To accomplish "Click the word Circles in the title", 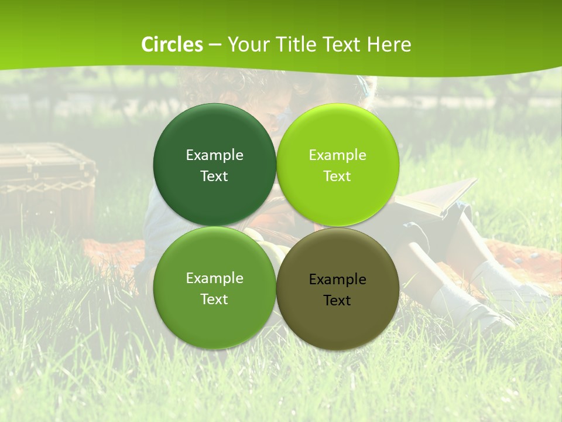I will [172, 45].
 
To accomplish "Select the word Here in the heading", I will [389, 45].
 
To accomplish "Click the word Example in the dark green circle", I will [214, 155].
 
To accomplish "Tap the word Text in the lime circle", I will [337, 176].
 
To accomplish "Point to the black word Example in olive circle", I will [337, 280].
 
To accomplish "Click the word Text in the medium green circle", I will [214, 300].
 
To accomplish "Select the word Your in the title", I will [247, 45].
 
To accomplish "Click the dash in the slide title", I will [214, 45].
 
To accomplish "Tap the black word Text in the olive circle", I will [337, 301].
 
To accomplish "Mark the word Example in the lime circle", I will [337, 155].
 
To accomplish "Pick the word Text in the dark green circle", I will [214, 176].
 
